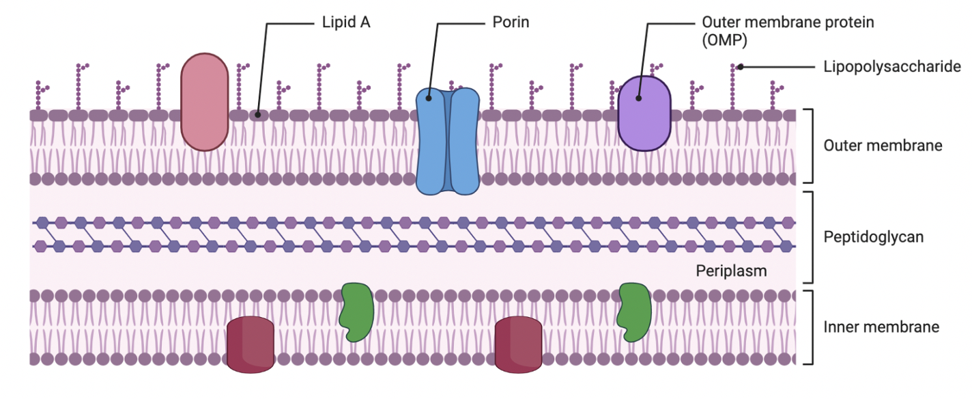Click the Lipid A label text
tap(346, 23)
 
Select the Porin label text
tap(511, 23)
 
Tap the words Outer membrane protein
tap(788, 23)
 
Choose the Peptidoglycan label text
tap(874, 237)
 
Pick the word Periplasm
tap(731, 271)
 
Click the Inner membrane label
tap(881, 327)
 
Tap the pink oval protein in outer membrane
tap(204, 102)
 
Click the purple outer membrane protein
tap(644, 113)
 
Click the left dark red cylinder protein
tap(250, 344)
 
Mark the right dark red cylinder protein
tap(518, 344)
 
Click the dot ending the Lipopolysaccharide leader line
tap(740, 67)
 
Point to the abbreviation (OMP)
tap(725, 40)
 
